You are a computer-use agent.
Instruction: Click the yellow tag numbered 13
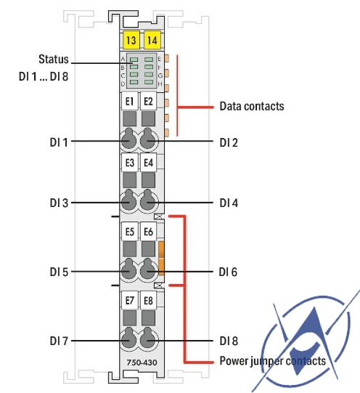131,41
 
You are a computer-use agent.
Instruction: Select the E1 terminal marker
129,102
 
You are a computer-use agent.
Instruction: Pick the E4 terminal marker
148,163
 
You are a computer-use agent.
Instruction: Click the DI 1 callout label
59,142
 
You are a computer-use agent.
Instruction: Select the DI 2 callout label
229,142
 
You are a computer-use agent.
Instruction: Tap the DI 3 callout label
59,203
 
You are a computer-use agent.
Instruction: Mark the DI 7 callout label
59,340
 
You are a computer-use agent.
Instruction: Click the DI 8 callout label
229,340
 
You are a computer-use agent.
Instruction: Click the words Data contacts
251,107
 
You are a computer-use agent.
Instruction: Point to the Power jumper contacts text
272,360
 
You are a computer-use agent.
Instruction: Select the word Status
54,58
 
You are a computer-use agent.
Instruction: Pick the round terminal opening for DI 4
148,202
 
